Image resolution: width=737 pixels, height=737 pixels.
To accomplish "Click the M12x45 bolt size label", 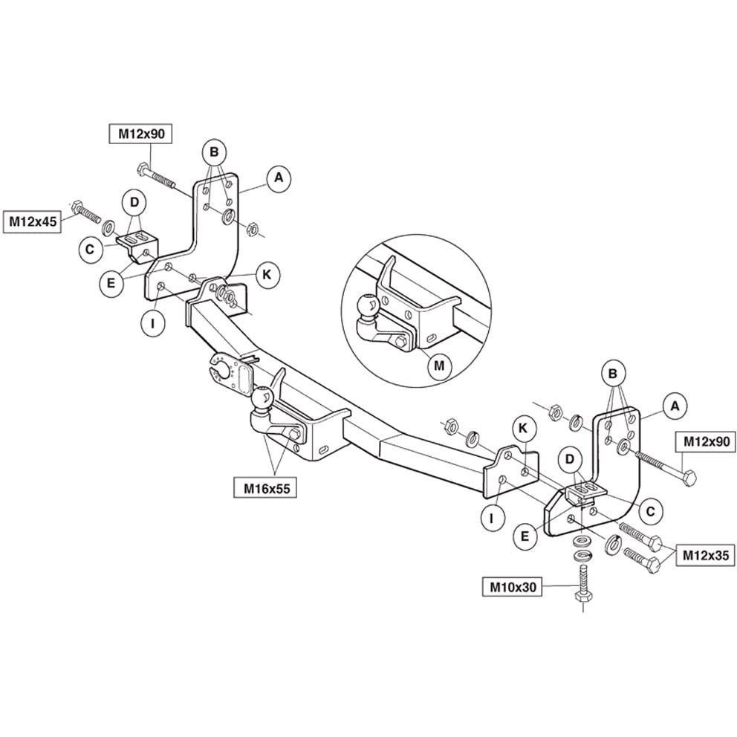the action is [33, 221].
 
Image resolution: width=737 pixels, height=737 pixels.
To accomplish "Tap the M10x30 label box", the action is [513, 587].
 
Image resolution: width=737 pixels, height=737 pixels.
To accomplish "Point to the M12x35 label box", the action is [705, 556].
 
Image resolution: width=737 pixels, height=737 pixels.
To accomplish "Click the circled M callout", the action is [439, 366].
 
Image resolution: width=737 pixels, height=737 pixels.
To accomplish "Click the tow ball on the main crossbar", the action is [262, 398].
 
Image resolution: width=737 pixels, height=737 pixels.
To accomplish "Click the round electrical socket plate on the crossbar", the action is [221, 369].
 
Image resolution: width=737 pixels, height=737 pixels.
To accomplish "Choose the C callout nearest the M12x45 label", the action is [90, 249].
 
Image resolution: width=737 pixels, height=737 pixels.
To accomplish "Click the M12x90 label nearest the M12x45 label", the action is [140, 134].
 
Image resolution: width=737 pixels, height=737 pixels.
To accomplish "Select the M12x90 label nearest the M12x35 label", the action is [706, 441].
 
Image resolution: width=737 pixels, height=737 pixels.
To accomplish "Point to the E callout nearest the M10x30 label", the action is [525, 536].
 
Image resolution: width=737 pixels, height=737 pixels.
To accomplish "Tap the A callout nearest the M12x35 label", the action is [675, 406].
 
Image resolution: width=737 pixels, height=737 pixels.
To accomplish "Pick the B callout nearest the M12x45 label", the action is [214, 152].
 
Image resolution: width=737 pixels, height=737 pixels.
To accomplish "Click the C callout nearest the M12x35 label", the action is [651, 511].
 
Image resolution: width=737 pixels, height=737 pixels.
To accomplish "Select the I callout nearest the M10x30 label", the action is [492, 518].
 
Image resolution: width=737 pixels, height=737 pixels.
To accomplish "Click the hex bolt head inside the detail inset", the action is [400, 342].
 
